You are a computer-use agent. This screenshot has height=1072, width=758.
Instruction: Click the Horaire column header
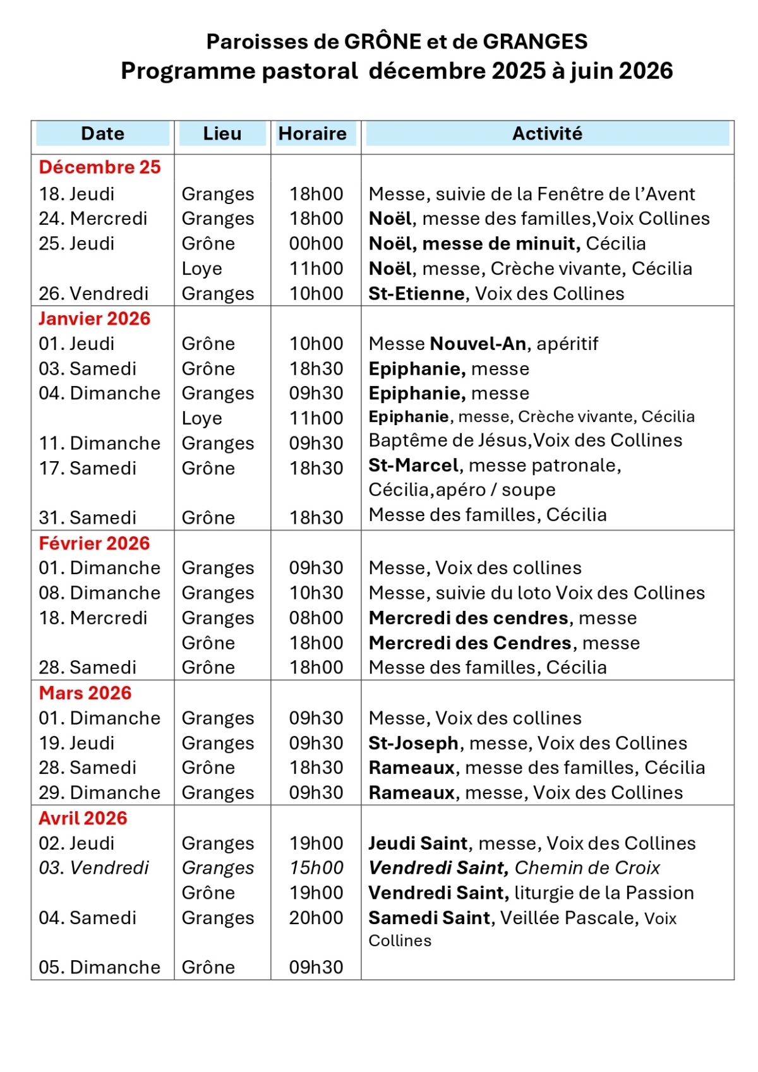click(312, 133)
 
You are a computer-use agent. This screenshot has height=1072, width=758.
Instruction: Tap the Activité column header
click(547, 133)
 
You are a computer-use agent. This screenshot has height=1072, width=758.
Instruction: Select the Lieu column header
click(222, 133)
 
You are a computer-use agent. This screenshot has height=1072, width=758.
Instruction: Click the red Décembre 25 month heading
click(100, 167)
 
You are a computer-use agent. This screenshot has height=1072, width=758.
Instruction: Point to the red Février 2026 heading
click(94, 543)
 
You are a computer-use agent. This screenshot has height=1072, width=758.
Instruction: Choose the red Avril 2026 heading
click(83, 818)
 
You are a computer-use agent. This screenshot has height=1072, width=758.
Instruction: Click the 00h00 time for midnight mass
click(316, 243)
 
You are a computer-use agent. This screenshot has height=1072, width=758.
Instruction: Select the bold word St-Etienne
click(417, 293)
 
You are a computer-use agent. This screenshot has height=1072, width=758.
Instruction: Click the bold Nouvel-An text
click(478, 344)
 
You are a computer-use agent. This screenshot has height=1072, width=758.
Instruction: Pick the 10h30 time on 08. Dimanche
click(316, 593)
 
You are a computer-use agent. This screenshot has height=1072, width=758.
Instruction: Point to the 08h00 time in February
click(316, 618)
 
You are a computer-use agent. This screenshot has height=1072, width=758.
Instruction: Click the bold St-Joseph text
click(413, 743)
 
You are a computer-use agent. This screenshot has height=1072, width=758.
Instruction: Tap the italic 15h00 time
click(316, 867)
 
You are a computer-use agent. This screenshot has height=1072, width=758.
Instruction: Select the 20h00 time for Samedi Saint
click(316, 917)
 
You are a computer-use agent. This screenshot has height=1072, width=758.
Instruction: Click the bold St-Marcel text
click(413, 466)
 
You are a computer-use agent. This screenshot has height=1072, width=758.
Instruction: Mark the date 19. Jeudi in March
click(76, 743)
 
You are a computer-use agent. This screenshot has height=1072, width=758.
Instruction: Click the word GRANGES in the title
click(535, 42)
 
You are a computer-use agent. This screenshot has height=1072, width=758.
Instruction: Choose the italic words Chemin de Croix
click(587, 867)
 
